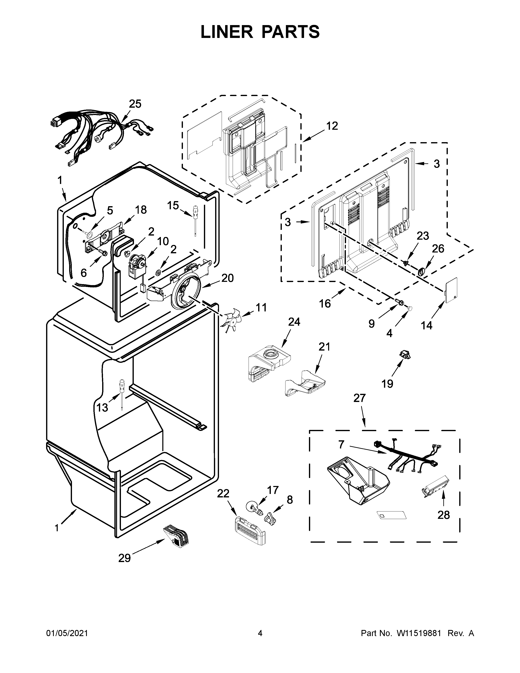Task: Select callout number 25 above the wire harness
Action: [x=135, y=104]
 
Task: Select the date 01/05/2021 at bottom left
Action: [x=67, y=631]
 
